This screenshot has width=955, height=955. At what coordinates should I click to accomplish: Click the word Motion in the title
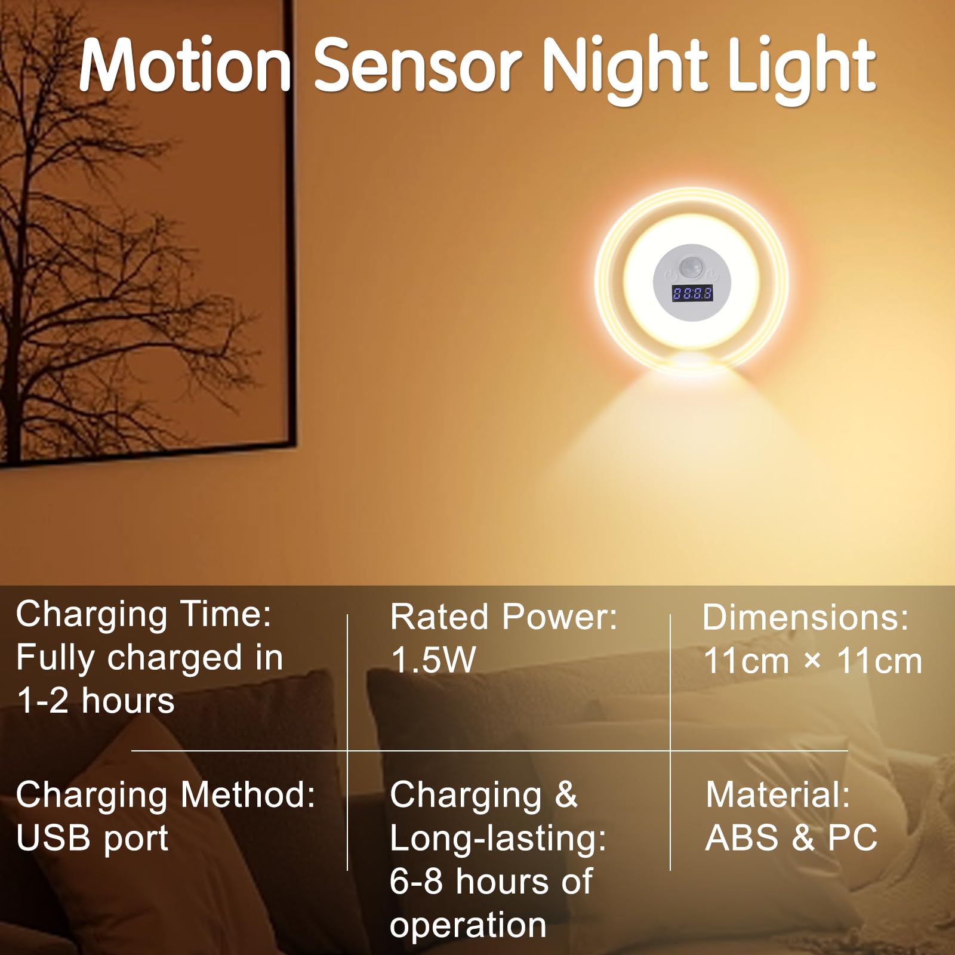[x=185, y=65]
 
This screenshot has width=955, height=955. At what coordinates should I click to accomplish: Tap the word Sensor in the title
[x=418, y=65]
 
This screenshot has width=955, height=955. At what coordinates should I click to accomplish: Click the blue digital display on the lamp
[x=692, y=293]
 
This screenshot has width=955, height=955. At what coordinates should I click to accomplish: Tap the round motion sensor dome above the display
[x=691, y=265]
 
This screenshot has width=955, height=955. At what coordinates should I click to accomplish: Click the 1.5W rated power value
[x=433, y=660]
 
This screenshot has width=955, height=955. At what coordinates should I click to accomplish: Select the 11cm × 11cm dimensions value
[x=813, y=661]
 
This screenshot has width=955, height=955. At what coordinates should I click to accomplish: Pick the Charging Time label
[x=144, y=614]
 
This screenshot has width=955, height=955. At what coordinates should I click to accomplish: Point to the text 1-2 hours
[x=95, y=700]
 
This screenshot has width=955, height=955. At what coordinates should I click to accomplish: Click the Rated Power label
[x=504, y=617]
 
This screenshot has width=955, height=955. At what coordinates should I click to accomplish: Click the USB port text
[x=93, y=839]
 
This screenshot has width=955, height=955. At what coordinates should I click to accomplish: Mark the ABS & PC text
[x=791, y=837]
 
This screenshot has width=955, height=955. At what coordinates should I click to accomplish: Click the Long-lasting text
[x=498, y=839]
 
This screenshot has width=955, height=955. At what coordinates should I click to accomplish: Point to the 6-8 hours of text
[x=491, y=881]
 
